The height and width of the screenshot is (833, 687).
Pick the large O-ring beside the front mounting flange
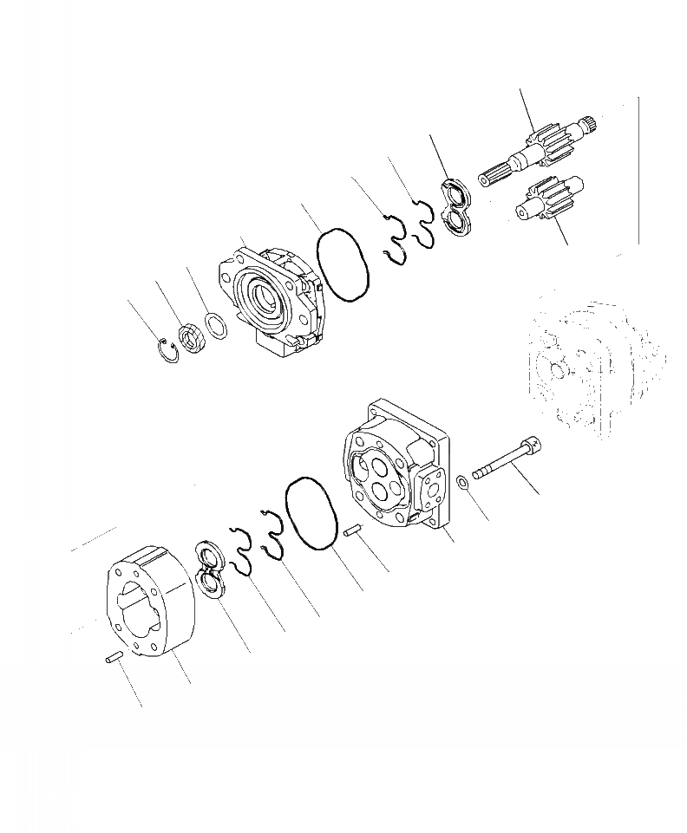tap(343, 265)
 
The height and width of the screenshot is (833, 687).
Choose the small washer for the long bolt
tap(463, 482)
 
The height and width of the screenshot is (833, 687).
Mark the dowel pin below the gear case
tap(111, 661)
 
